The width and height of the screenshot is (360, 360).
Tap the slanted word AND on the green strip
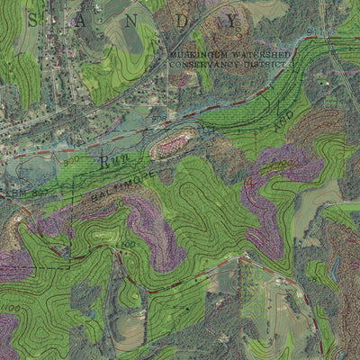click(x=281, y=117)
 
